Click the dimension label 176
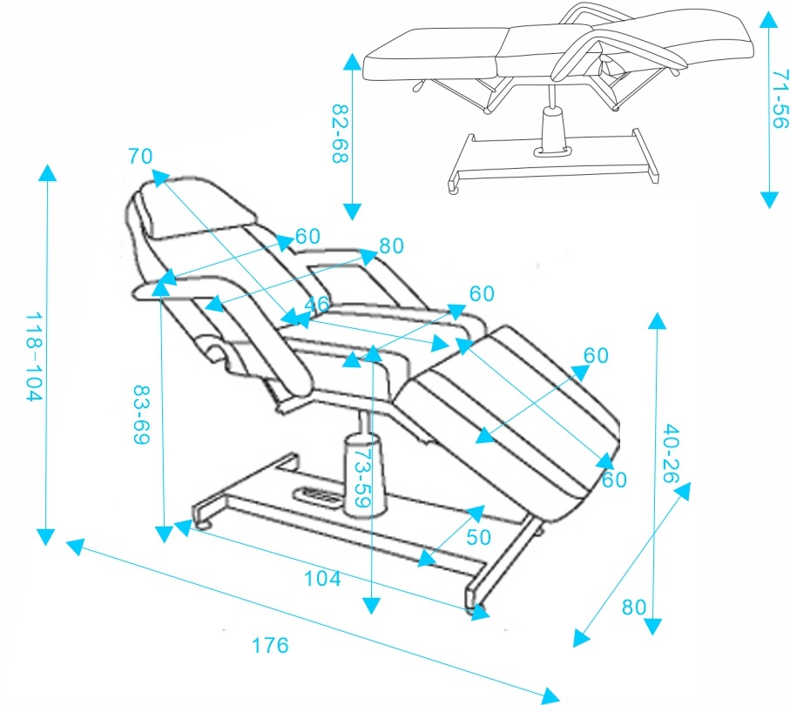(270, 646)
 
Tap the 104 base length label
(322, 577)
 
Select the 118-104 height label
(32, 357)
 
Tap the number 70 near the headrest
(140, 157)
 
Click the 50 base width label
(478, 537)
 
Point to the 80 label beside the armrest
(392, 246)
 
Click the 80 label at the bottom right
(634, 607)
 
